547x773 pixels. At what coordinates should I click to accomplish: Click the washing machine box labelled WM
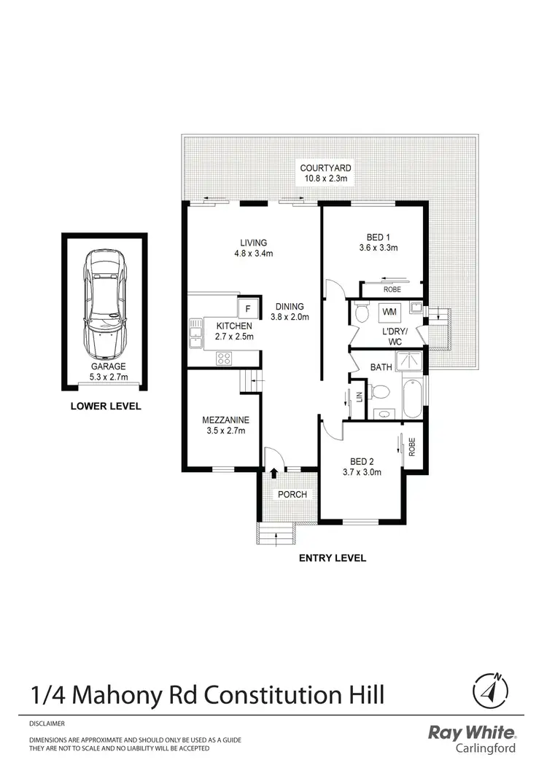[387, 313]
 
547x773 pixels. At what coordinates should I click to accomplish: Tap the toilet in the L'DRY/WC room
[362, 314]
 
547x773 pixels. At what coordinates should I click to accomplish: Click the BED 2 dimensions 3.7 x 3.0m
[362, 472]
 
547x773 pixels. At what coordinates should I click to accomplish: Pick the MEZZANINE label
[225, 420]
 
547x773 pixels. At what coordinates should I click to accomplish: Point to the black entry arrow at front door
[273, 474]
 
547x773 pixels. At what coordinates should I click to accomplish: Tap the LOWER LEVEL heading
[105, 406]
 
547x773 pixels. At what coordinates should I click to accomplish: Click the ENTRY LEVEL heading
[333, 558]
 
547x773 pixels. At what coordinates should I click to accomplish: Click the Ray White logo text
[472, 732]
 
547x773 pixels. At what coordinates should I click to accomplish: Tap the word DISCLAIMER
[47, 723]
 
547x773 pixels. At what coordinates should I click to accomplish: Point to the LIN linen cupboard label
[358, 396]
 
